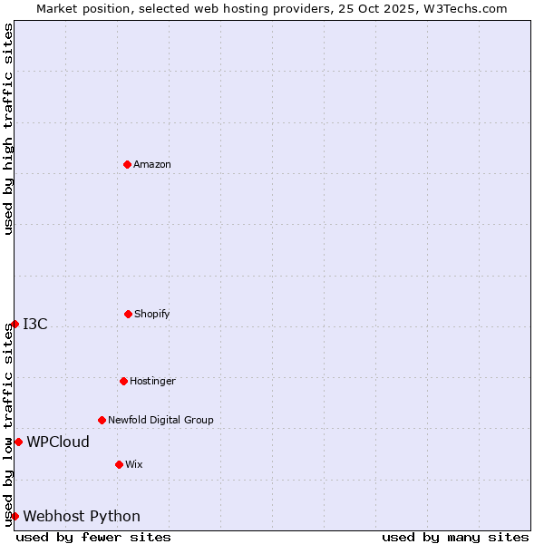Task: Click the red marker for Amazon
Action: click(x=128, y=164)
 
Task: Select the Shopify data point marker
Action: click(x=128, y=314)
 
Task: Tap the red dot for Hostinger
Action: click(x=123, y=381)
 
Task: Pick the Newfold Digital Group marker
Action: click(x=102, y=420)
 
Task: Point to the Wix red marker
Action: click(x=119, y=464)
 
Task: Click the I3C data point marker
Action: click(x=15, y=324)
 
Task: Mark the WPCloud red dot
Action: click(x=18, y=442)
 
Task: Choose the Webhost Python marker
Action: click(x=15, y=516)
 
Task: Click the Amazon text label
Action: click(x=152, y=164)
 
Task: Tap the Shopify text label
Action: click(x=152, y=314)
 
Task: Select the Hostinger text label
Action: click(x=152, y=381)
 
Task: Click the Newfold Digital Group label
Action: click(x=161, y=420)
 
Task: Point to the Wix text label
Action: click(x=134, y=464)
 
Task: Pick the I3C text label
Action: click(x=35, y=324)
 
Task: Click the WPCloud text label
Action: click(x=58, y=442)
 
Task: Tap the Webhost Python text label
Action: click(x=82, y=516)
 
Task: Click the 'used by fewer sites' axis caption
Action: click(x=93, y=537)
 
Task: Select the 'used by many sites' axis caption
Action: click(x=455, y=537)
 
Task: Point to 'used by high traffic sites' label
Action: click(x=8, y=130)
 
